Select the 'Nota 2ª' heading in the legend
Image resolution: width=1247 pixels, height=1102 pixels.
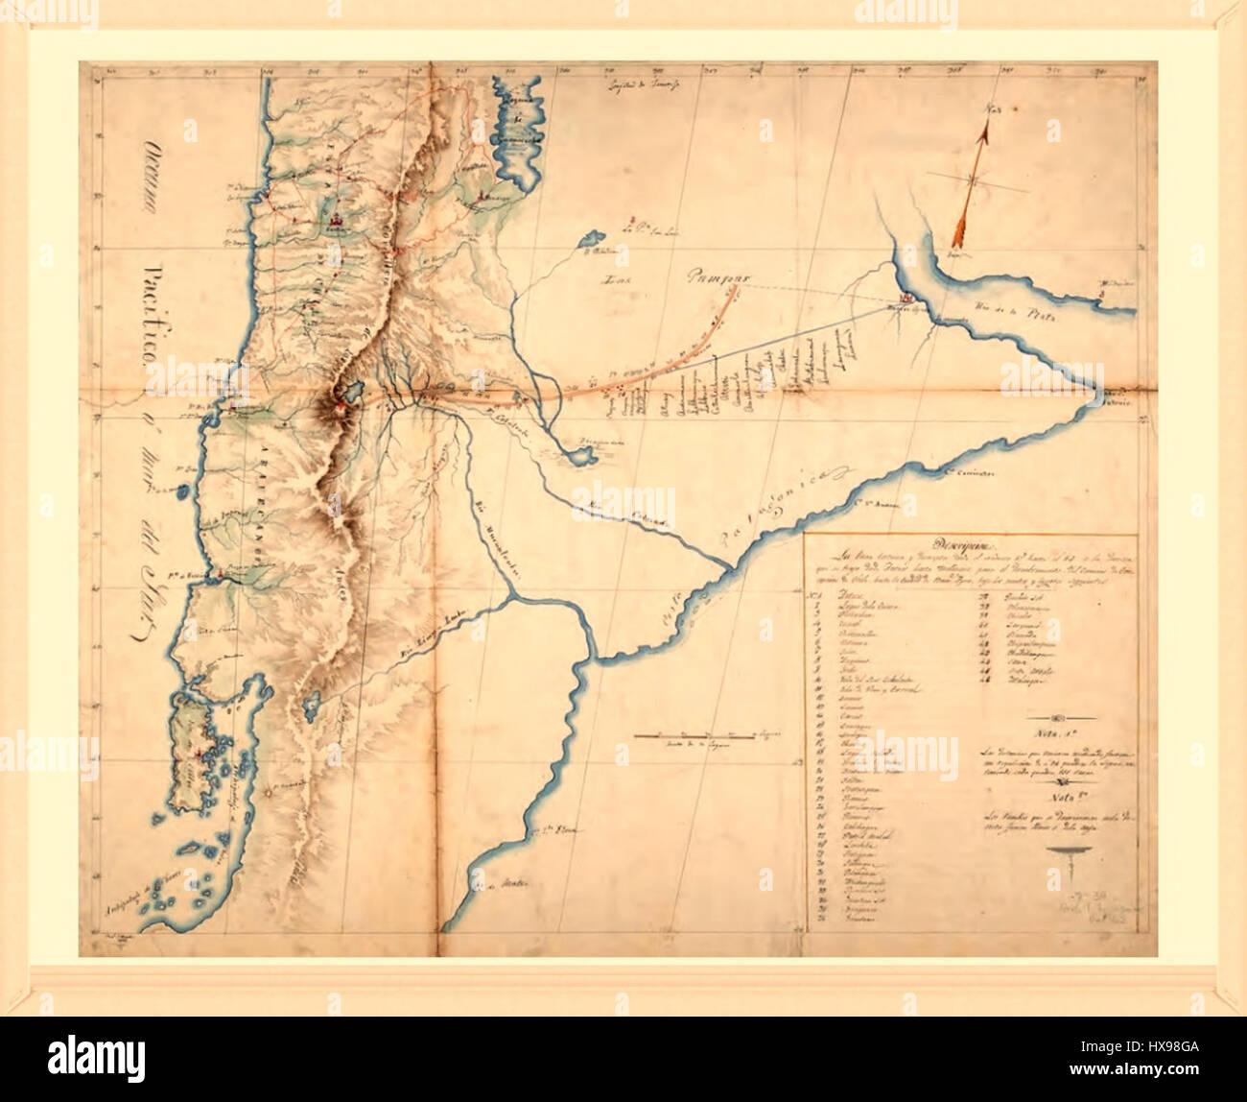coord(1057,795)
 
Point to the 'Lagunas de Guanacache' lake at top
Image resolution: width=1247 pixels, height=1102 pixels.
coord(518,125)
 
